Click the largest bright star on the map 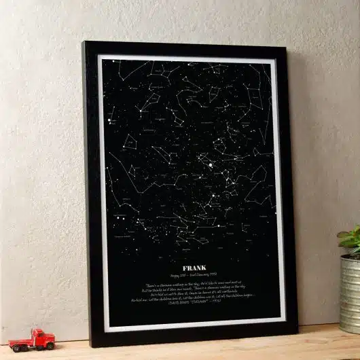[x=211, y=164]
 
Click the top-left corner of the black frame [x=84, y=43]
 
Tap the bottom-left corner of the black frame [x=93, y=346]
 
